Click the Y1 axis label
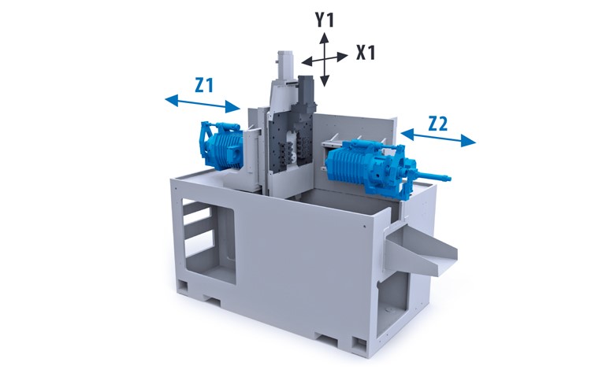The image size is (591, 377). click(x=325, y=20)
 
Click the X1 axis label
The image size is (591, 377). click(x=366, y=53)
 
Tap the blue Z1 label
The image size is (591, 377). click(x=204, y=85)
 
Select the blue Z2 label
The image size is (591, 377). click(x=438, y=124)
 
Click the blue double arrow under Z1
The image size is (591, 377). click(x=203, y=104)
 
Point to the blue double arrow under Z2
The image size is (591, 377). click(x=438, y=138)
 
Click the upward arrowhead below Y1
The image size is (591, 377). click(x=325, y=38)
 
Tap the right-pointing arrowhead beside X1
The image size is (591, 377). click(x=342, y=57)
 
